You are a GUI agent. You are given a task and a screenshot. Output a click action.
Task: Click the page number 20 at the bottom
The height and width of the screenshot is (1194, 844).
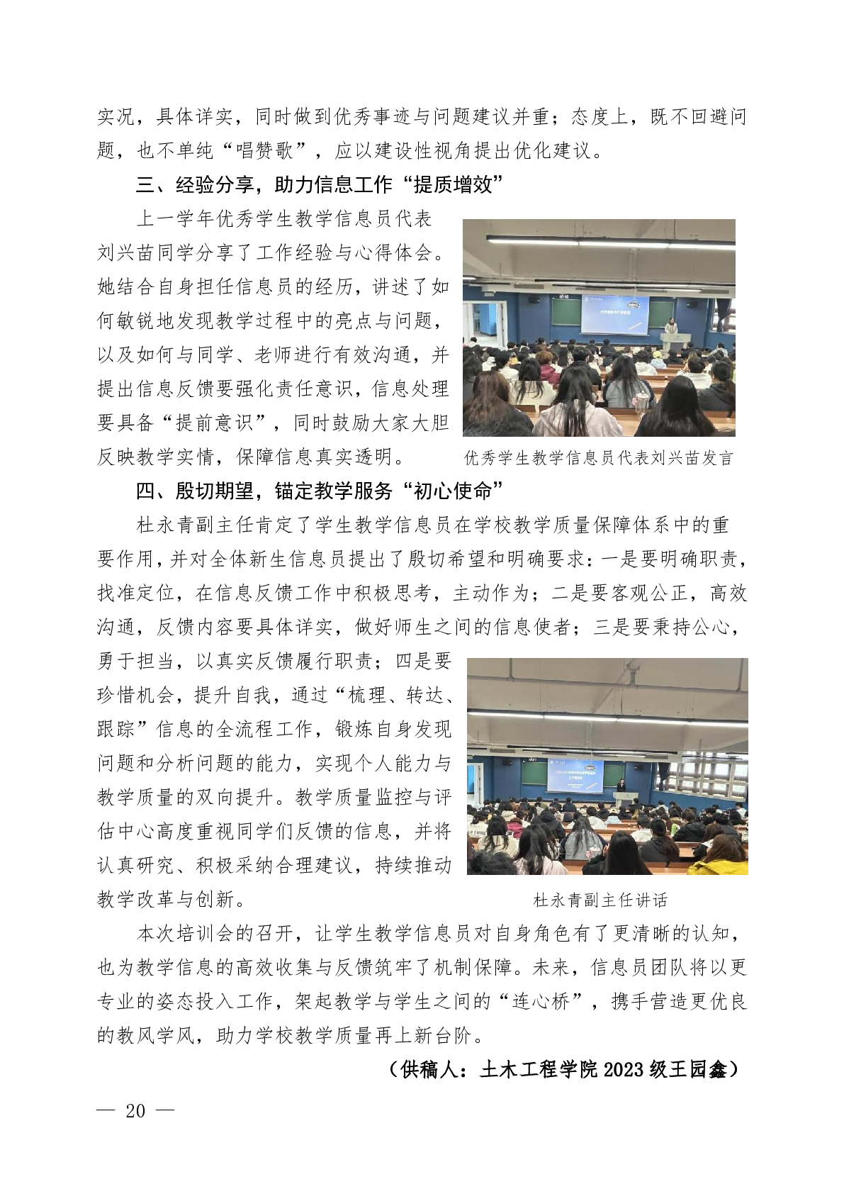click(135, 1110)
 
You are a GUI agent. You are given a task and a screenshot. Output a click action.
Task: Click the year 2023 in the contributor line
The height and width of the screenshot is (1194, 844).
click(623, 1069)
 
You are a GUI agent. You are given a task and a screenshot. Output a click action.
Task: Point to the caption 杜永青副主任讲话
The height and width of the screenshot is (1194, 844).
click(600, 900)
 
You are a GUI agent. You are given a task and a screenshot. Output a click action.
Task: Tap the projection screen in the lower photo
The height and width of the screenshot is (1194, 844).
click(573, 777)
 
